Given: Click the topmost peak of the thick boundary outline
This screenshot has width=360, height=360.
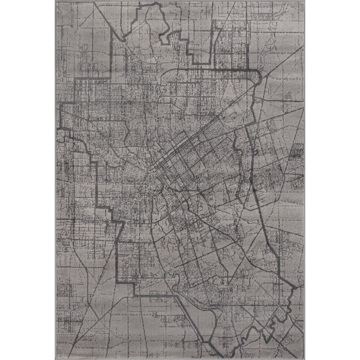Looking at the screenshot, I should (x=156, y=4).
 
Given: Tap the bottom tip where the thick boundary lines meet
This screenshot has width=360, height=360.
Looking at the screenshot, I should (x=220, y=356).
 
